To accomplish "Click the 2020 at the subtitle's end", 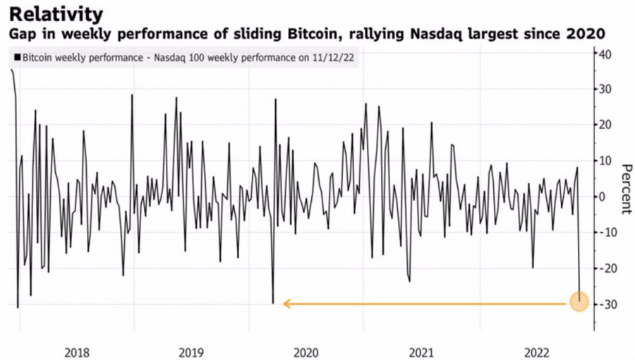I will pos(588,34).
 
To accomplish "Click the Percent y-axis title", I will pos(626,188).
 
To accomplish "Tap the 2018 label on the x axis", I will pos(77,352).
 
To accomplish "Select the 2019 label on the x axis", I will pos(192,352).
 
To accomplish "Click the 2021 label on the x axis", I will pos(422,352).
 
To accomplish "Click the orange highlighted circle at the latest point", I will pos(579,303).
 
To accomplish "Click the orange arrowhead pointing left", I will pos(286,304).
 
